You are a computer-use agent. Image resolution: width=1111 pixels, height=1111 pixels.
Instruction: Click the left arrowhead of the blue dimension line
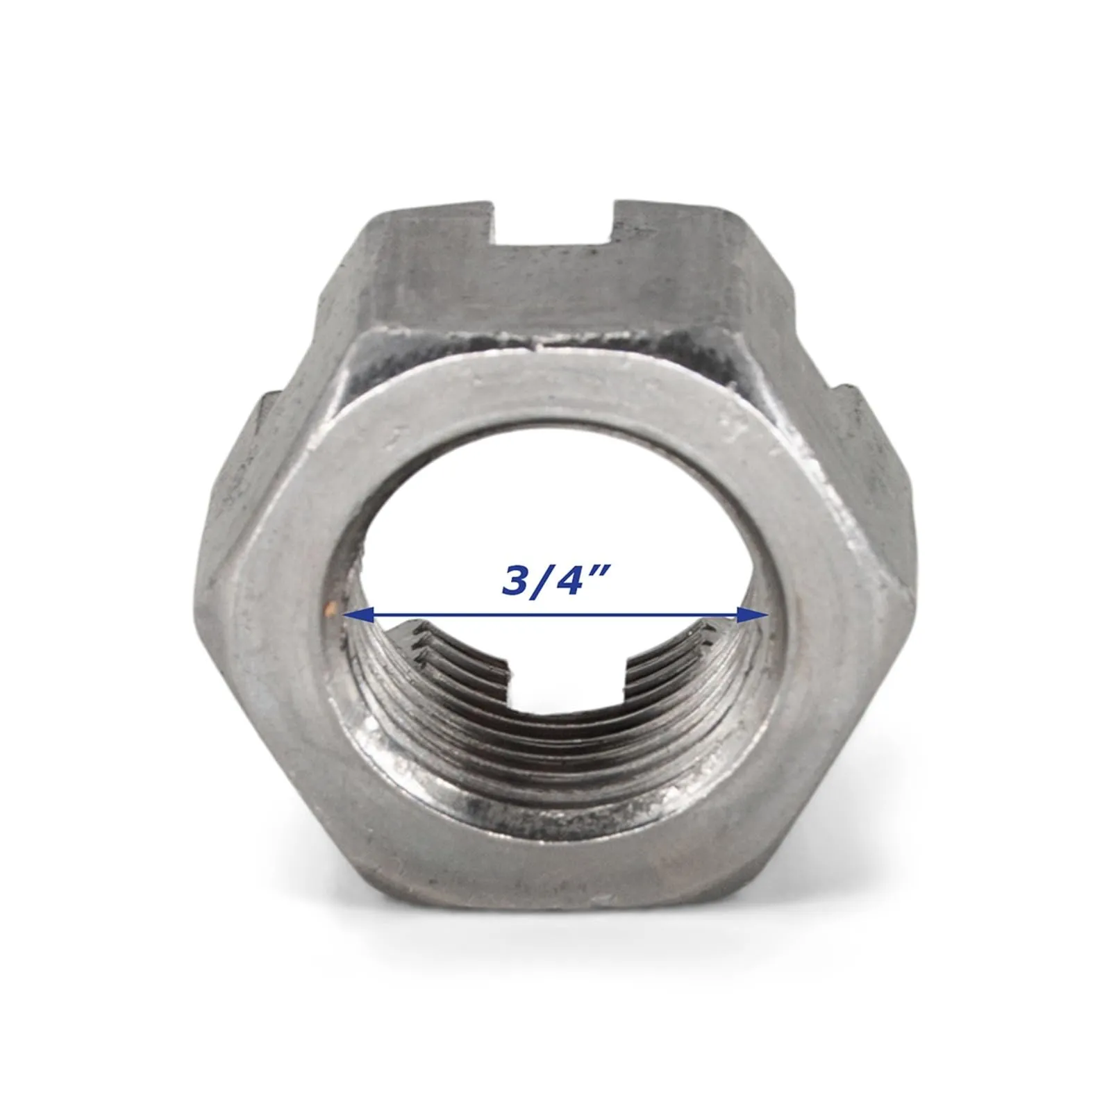[x=358, y=614]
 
